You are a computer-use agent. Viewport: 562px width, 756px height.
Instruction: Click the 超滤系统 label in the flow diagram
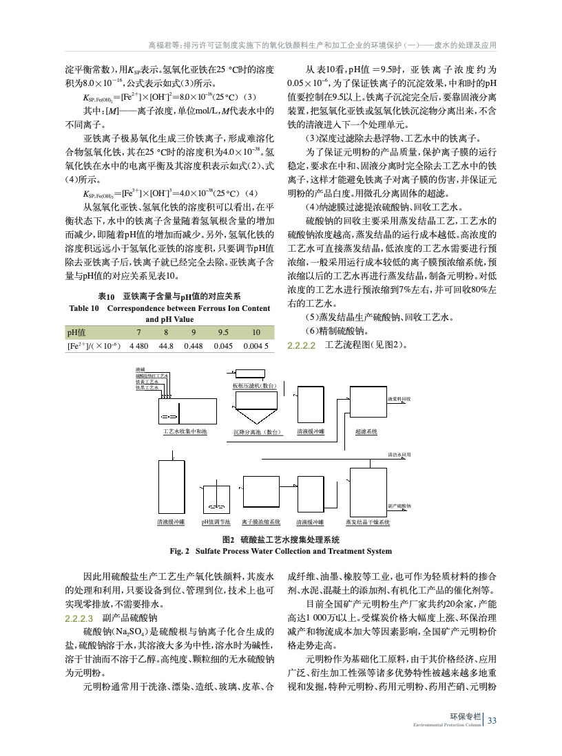[366, 431]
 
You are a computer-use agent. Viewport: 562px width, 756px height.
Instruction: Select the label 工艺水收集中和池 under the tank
[180, 431]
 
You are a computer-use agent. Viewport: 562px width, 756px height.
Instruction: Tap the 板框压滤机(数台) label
[254, 386]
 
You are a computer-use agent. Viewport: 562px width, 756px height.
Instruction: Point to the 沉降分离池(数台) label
[255, 432]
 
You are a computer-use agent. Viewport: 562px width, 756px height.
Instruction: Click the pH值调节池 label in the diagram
[216, 523]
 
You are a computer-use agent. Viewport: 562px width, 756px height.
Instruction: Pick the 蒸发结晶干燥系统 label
[368, 523]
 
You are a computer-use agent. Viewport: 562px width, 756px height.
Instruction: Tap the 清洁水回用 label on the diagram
[399, 455]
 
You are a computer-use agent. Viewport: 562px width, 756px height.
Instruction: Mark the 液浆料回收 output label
[399, 398]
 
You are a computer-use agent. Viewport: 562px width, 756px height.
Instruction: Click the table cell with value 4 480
[139, 345]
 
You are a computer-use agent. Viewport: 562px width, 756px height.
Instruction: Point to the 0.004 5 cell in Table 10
[256, 345]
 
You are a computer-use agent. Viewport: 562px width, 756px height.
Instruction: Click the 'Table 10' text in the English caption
[85, 309]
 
